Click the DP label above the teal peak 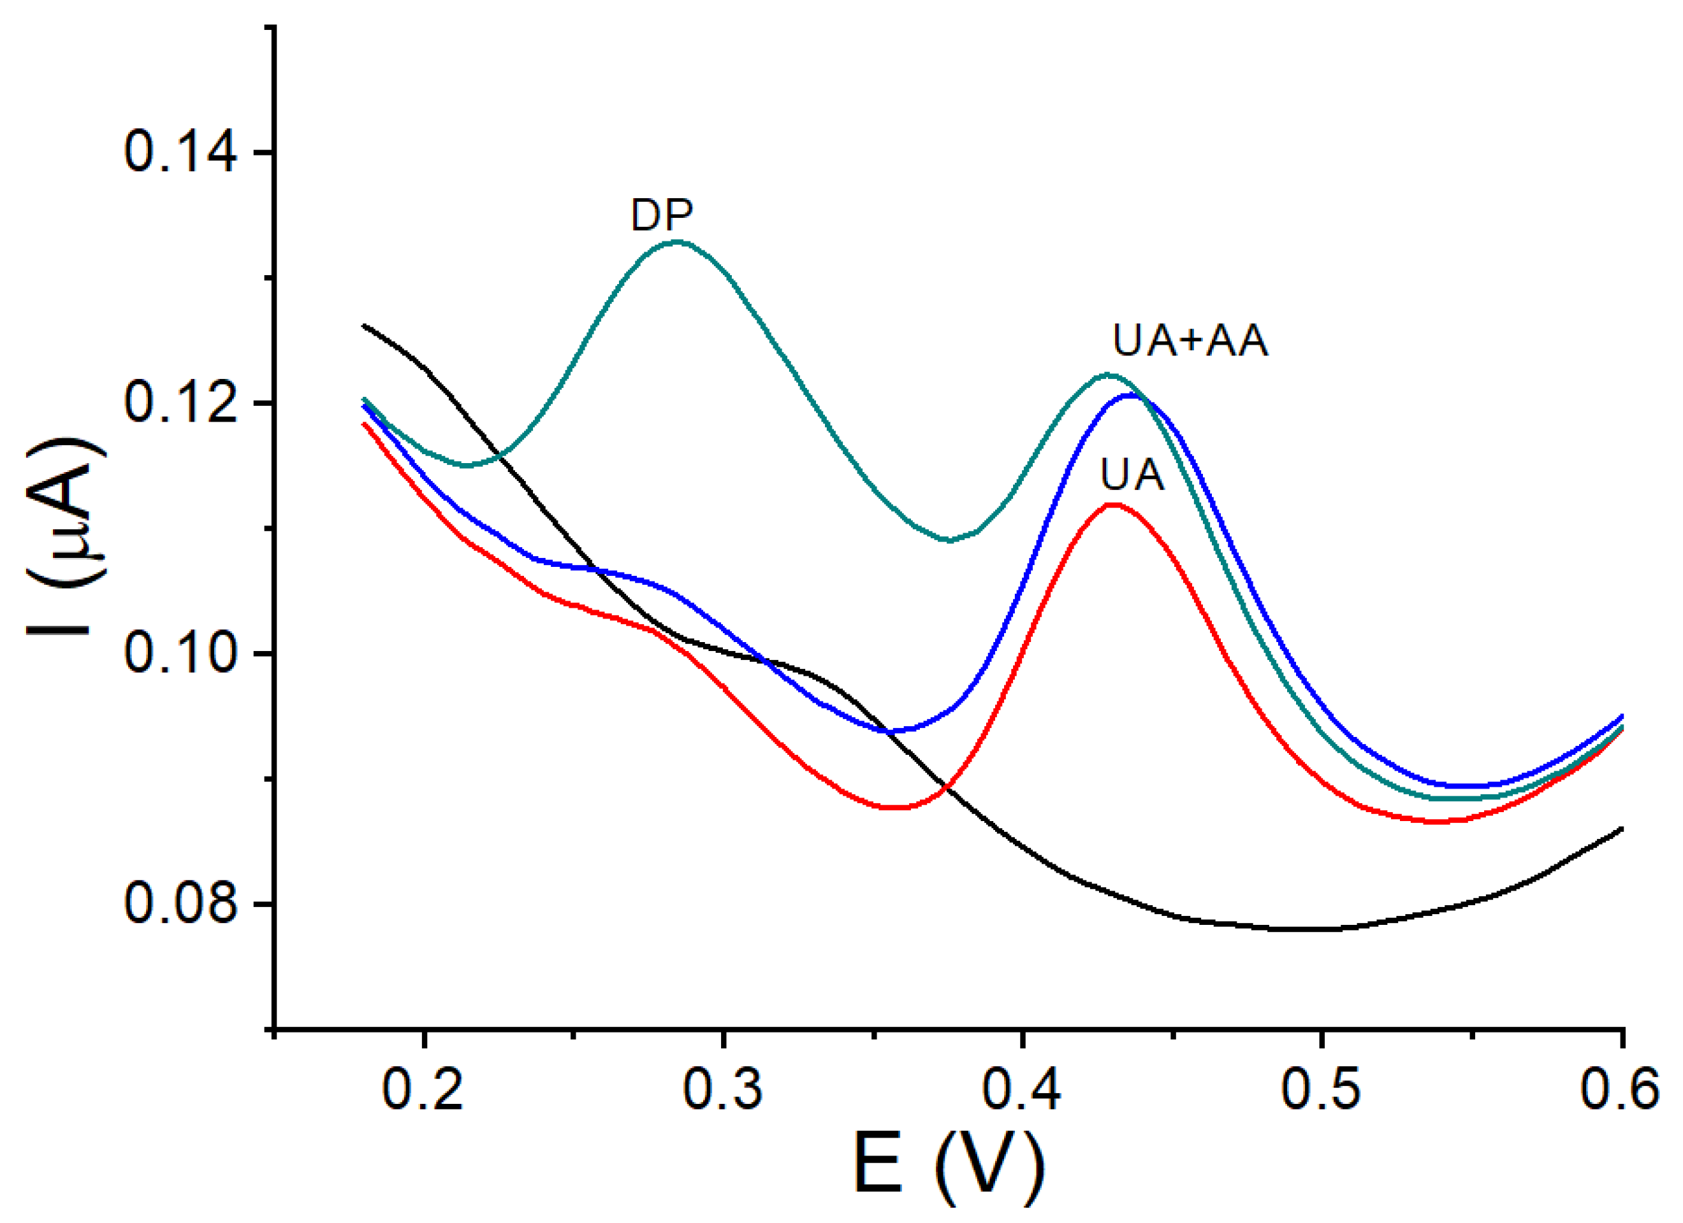pyautogui.click(x=661, y=216)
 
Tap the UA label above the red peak pyautogui.click(x=1132, y=475)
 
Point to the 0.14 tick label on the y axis pyautogui.click(x=180, y=152)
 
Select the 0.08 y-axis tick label pyautogui.click(x=180, y=904)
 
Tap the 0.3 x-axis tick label pyautogui.click(x=723, y=1089)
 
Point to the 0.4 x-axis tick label pyautogui.click(x=1022, y=1089)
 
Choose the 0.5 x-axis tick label pyautogui.click(x=1321, y=1089)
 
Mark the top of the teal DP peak pyautogui.click(x=677, y=242)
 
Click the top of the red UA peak pyautogui.click(x=1113, y=504)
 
